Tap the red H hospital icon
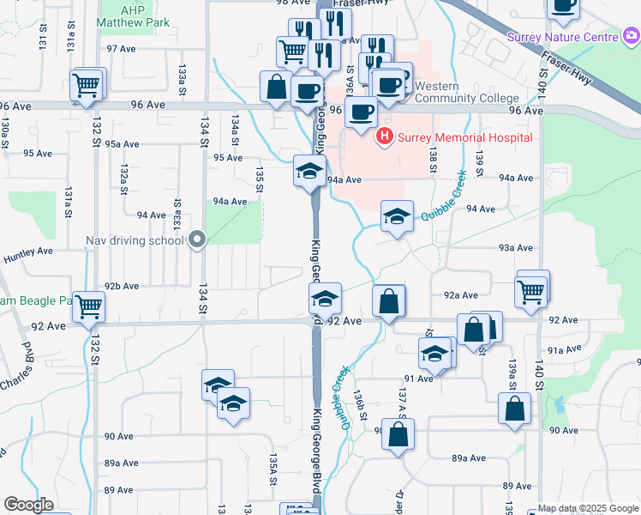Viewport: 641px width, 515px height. [385, 136]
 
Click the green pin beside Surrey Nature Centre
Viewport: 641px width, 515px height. [631, 36]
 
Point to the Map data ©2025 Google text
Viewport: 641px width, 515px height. [589, 508]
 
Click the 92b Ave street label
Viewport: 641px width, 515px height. [122, 286]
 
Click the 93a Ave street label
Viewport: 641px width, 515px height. [516, 247]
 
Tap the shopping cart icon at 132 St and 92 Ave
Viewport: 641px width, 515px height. [89, 306]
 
